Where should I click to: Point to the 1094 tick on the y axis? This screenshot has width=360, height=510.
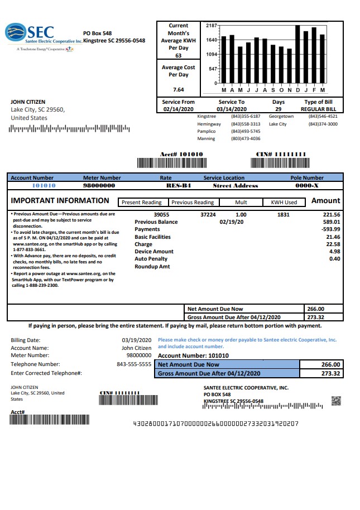[211, 55]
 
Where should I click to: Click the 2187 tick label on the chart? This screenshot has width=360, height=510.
[211, 26]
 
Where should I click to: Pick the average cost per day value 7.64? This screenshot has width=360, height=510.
[178, 89]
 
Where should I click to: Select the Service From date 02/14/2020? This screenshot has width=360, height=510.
[179, 109]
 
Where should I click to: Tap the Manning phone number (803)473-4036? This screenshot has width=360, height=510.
[246, 138]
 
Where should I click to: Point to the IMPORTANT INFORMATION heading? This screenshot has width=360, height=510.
[60, 201]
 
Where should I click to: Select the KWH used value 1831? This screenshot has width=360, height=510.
[284, 214]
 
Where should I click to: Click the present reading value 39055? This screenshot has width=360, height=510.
[161, 214]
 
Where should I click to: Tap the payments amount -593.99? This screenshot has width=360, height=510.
[327, 229]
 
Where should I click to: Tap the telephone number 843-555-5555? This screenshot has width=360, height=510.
[134, 364]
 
